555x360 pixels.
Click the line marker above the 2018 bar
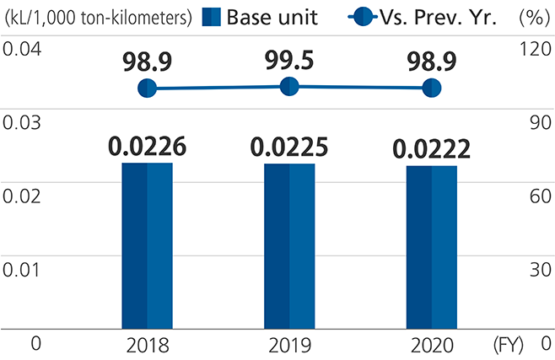pyautogui.click(x=147, y=88)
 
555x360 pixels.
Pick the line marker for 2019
pyautogui.click(x=289, y=85)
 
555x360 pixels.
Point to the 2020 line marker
pyautogui.click(x=431, y=88)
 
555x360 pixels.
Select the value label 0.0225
pyautogui.click(x=289, y=147)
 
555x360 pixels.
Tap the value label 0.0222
pyautogui.click(x=431, y=149)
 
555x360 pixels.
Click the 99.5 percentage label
pyautogui.click(x=289, y=60)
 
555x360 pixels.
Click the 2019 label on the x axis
pyautogui.click(x=289, y=346)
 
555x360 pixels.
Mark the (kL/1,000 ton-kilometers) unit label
pyautogui.click(x=99, y=16)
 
